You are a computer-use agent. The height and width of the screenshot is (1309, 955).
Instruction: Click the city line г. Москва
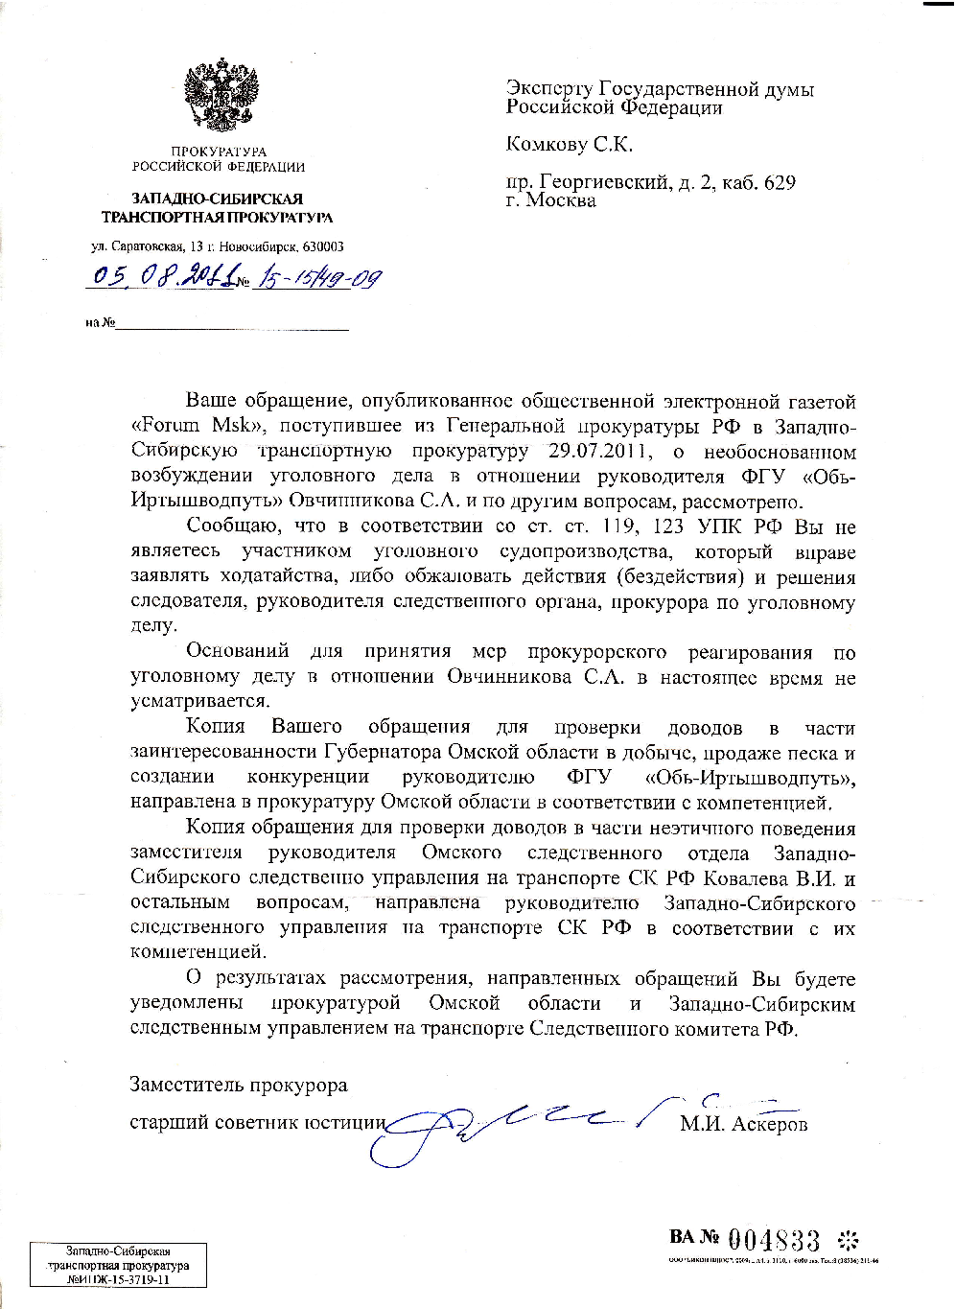551,200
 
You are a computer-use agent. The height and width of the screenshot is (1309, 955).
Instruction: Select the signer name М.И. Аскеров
744,1124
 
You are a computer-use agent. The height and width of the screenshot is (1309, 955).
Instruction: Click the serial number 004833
774,1239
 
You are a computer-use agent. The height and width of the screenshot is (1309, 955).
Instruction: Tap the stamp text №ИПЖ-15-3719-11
119,1278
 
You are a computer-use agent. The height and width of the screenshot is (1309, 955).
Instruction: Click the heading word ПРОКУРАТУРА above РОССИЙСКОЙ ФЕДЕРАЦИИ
219,152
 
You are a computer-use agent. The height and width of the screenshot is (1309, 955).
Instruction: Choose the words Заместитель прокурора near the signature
239,1085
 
